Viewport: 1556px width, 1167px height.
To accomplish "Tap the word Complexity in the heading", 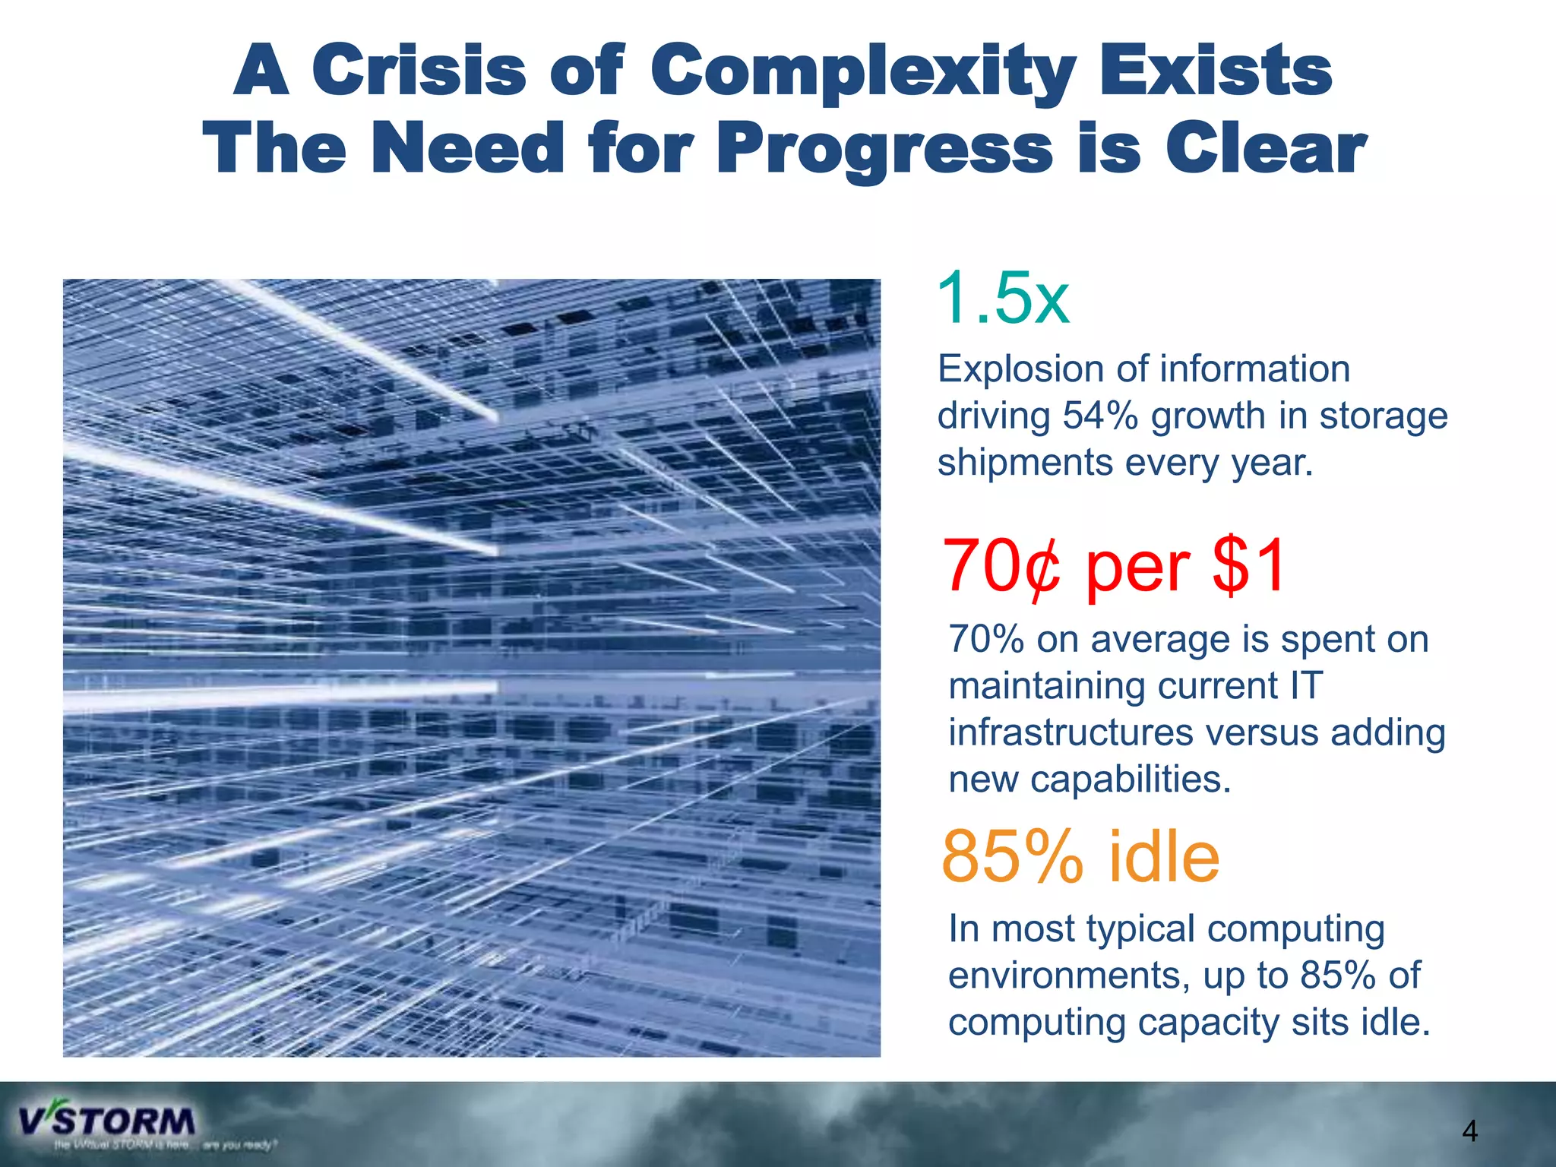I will point(863,72).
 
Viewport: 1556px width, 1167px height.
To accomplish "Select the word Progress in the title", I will point(885,150).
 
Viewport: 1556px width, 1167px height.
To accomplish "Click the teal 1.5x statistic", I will point(1003,299).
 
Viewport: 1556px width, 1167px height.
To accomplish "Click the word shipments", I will point(1025,463).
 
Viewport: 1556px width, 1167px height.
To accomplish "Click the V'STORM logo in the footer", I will point(107,1121).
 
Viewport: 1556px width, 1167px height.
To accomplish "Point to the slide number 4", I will point(1469,1132).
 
